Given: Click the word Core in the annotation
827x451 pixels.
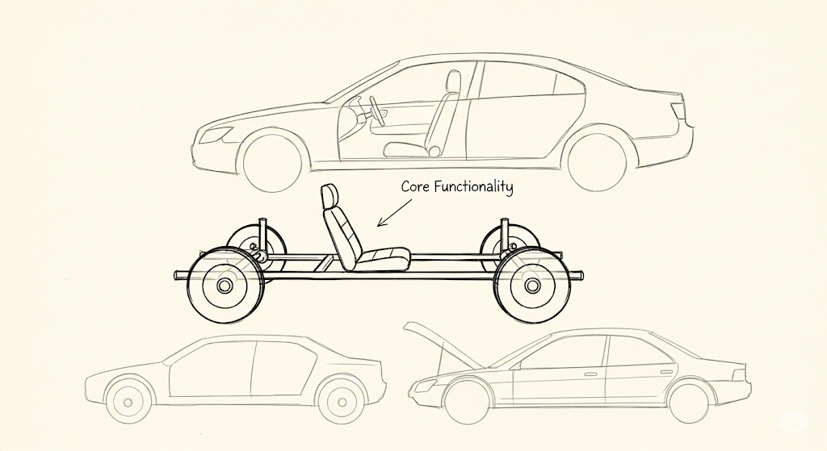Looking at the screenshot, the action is coord(415,186).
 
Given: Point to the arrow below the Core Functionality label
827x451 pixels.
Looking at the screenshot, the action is coord(394,212).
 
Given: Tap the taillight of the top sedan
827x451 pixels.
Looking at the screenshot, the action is coord(678,111).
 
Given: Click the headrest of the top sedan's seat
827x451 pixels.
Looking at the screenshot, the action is coord(453,81).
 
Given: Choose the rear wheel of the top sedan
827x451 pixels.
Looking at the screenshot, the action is coord(598,161).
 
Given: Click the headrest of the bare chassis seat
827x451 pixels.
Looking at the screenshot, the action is coord(330,196).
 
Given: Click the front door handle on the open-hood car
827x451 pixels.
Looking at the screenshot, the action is coord(590,374).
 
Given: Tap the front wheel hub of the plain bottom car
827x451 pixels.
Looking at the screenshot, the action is coord(128,403).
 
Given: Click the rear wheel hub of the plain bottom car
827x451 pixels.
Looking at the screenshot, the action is coord(342,403).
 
